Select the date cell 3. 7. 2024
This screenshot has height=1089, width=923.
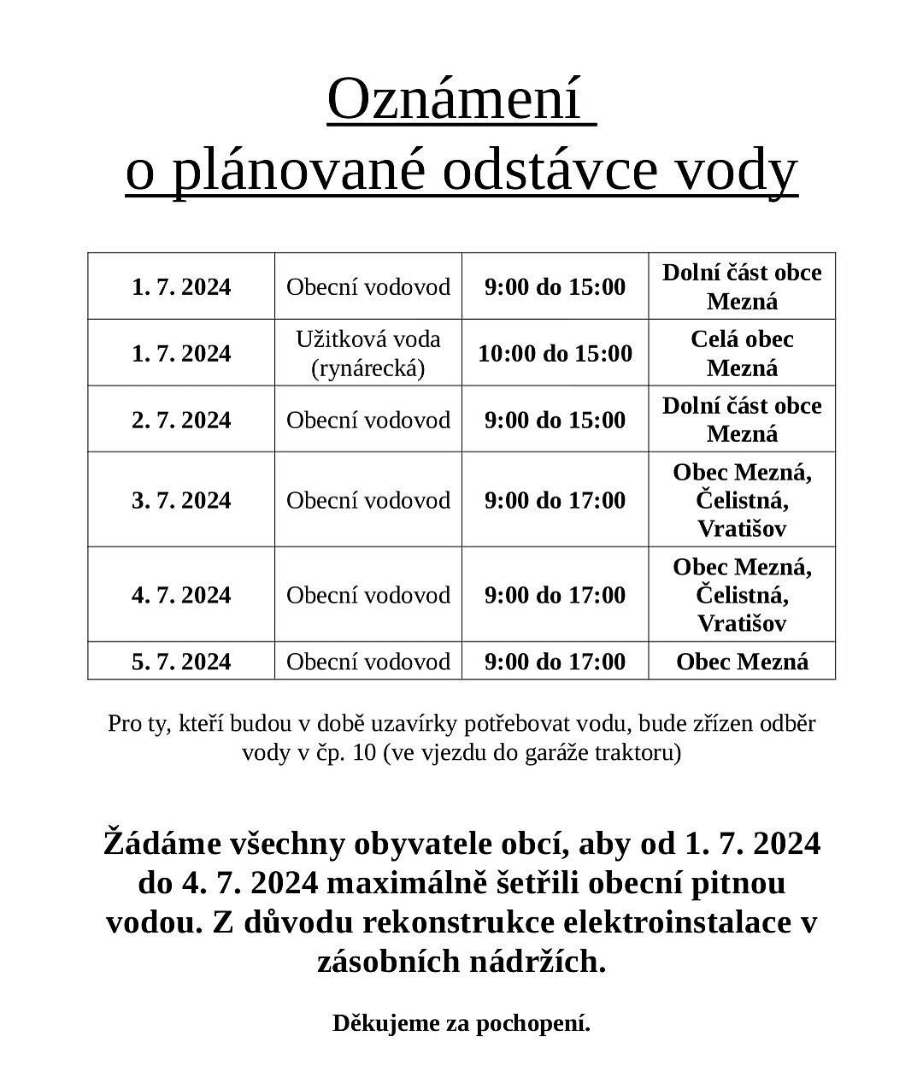(181, 500)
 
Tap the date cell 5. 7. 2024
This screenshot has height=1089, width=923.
(181, 662)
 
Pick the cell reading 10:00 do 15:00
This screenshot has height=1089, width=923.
(556, 353)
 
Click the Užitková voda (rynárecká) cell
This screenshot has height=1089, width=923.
(368, 353)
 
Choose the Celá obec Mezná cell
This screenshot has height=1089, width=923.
(742, 353)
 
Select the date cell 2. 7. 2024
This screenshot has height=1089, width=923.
(181, 420)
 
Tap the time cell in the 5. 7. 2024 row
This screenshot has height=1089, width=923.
(556, 662)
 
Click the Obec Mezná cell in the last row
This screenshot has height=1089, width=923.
(742, 662)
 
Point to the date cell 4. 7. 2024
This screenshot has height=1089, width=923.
(181, 595)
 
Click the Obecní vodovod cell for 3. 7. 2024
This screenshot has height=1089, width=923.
(368, 500)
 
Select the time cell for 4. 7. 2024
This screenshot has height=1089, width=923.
(556, 595)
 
